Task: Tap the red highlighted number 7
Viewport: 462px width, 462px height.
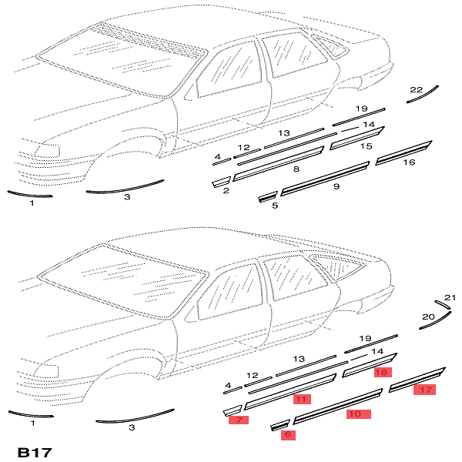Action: coord(239,420)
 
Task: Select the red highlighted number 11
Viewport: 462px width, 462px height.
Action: coord(301,399)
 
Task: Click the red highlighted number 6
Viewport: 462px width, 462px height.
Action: coord(288,434)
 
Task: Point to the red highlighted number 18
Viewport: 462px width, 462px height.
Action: coord(381,372)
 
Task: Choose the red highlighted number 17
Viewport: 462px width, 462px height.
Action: coord(424,390)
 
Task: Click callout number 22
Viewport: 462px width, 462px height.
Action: coord(416,90)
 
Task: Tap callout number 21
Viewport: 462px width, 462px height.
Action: coord(450,297)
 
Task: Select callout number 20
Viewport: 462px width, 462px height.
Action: coord(428,316)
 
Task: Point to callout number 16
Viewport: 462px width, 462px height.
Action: coord(409,162)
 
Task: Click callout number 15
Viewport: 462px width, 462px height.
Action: coord(367,146)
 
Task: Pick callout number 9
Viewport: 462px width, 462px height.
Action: coord(336,186)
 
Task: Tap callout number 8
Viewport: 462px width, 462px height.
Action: coord(296,168)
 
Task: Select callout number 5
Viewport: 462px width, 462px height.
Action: coord(275,206)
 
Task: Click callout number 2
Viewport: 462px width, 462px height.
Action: coord(226,189)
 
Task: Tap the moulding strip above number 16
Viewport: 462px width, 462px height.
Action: coord(404,151)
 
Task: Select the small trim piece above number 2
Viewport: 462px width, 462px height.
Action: coord(221,182)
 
